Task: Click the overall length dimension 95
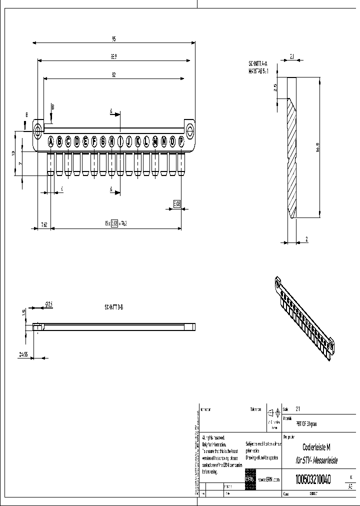click(114, 38)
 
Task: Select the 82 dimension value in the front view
click(114, 75)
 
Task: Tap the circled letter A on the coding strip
click(50, 141)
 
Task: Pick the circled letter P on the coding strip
click(180, 141)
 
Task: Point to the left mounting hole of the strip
click(38, 131)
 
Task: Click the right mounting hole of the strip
click(190, 131)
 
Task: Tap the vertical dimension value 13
click(13, 153)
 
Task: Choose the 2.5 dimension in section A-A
click(275, 88)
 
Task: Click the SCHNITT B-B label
click(113, 307)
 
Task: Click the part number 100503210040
click(313, 479)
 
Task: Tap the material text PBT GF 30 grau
click(306, 423)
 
